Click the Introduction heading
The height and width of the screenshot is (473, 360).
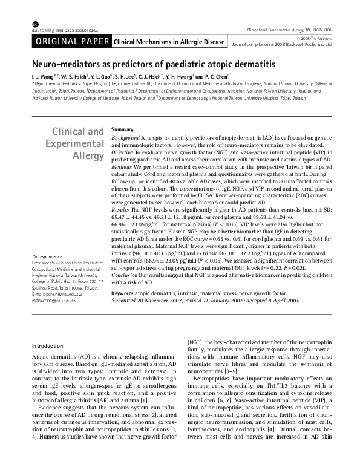(x=48, y=346)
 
